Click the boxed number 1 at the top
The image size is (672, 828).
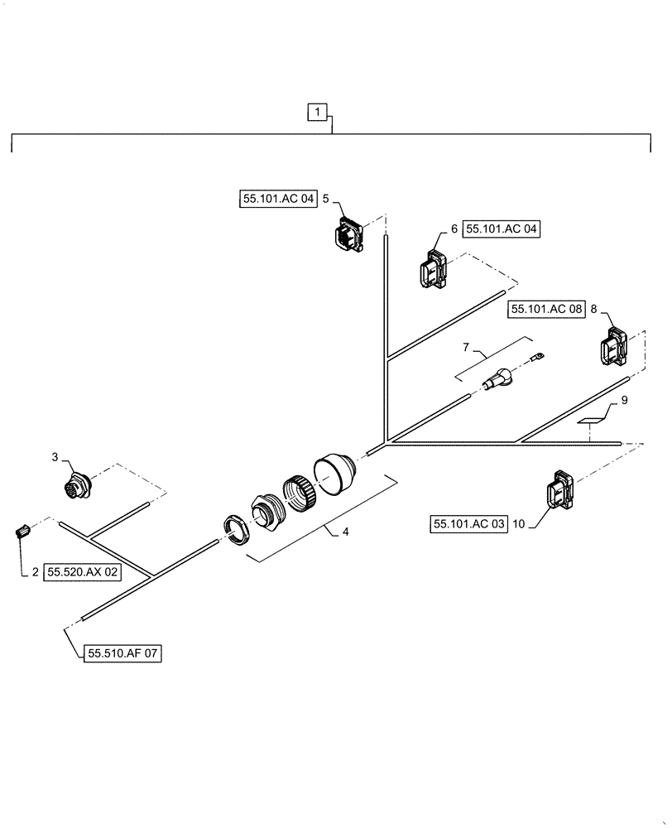[319, 112]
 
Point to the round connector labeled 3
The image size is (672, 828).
[77, 487]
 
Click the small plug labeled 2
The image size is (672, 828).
[23, 529]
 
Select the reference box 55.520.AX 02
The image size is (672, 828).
[83, 571]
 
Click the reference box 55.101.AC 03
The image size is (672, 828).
[468, 523]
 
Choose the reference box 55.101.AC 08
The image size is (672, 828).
[547, 309]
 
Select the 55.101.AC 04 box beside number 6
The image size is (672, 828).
[502, 229]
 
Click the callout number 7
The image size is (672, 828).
[466, 345]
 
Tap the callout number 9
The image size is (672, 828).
[624, 401]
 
